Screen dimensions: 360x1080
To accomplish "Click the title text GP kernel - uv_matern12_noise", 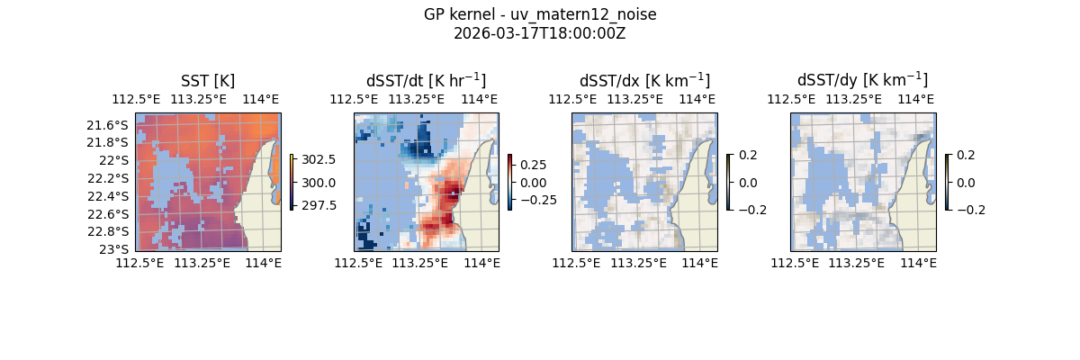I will [x=539, y=15].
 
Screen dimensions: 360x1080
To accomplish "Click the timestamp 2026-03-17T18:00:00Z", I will [x=539, y=33].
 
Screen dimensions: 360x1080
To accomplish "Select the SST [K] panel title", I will [x=208, y=81].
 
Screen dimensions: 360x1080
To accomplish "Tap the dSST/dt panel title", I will [x=426, y=81].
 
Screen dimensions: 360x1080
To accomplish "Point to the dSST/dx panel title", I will [x=644, y=81].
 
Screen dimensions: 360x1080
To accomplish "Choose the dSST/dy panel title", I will [x=862, y=81].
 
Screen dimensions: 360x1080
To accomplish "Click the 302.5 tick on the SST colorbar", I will [x=319, y=159].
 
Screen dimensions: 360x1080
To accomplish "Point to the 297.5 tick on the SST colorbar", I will [x=319, y=205].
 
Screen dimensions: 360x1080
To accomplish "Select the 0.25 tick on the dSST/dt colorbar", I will [x=532, y=166].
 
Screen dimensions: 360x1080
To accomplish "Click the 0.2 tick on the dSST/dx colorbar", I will [x=749, y=155].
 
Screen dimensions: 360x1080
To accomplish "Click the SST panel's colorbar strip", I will [x=292, y=182].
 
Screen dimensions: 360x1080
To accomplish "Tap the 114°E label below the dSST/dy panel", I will [x=918, y=263].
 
